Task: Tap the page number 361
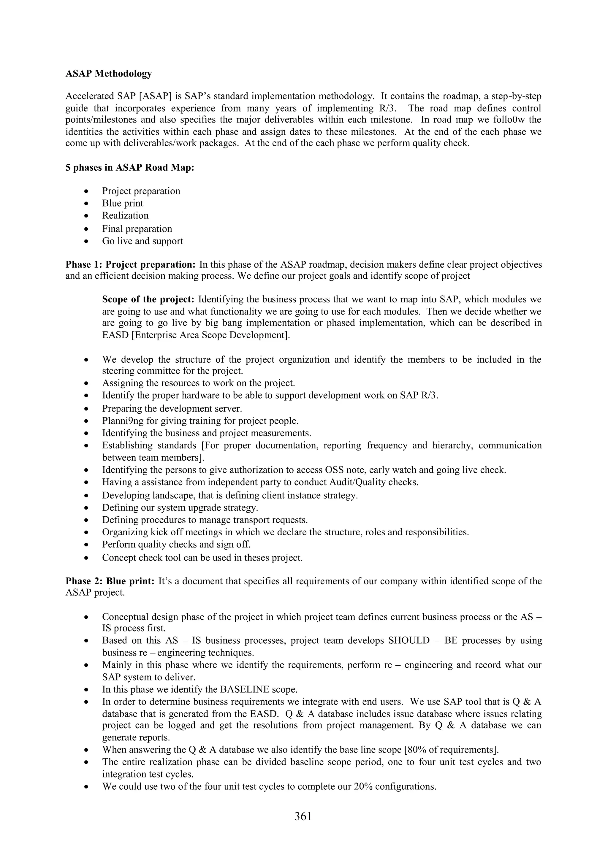(x=303, y=816)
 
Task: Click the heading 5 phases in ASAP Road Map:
(x=130, y=167)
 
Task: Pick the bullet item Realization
(x=125, y=215)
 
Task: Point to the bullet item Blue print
(x=123, y=203)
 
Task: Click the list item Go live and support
(x=142, y=241)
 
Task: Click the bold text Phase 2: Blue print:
(x=110, y=581)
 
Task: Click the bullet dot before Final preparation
(x=86, y=229)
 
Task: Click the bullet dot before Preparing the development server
(x=86, y=409)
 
